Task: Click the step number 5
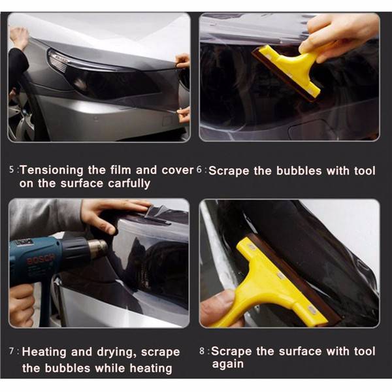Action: (x=12, y=169)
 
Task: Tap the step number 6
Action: (x=199, y=169)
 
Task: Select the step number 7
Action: (x=12, y=351)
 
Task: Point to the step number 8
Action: (x=202, y=351)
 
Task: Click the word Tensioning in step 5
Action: (x=52, y=171)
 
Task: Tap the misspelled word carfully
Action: (x=129, y=184)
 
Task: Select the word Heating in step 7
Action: (x=44, y=352)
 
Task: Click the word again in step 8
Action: (x=228, y=365)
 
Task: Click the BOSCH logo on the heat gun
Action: (x=41, y=259)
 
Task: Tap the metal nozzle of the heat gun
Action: (x=98, y=248)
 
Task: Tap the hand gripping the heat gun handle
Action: (x=21, y=304)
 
